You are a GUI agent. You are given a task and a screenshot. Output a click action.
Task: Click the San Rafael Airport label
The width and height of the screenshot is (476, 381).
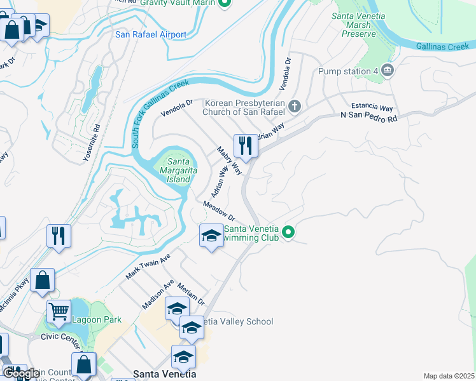(150, 34)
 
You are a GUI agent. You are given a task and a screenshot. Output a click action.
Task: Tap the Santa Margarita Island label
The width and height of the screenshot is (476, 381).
(178, 170)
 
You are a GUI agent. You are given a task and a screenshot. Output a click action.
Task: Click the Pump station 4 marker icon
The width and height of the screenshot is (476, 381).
(388, 71)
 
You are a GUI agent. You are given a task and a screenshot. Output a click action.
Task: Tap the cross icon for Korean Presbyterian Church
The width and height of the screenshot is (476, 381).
(294, 107)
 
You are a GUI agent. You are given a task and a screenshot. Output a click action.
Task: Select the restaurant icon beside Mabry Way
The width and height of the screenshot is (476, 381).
(244, 146)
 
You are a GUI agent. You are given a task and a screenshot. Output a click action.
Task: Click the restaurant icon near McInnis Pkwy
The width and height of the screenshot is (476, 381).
(58, 236)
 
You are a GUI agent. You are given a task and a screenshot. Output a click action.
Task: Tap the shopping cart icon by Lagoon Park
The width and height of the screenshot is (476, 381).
(59, 312)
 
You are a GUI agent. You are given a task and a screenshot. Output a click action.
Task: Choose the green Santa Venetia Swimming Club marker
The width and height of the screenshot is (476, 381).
(288, 233)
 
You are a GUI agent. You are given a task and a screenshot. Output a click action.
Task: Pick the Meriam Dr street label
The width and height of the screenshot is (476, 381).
(191, 293)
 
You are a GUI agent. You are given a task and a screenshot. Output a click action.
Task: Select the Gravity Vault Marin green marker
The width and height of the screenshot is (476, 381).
(224, 3)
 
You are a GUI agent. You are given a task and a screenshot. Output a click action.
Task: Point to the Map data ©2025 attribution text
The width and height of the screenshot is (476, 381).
(449, 376)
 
